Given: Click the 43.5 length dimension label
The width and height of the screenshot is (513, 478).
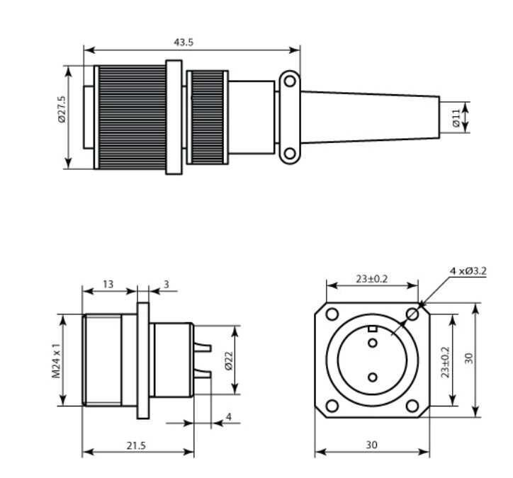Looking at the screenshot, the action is (184, 42).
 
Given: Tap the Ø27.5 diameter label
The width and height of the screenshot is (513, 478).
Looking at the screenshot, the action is (62, 109).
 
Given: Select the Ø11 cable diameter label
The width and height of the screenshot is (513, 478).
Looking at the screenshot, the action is (456, 118).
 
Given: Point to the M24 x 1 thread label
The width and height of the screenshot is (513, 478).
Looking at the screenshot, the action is (56, 360).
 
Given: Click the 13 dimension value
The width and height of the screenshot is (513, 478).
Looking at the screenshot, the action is (108, 284).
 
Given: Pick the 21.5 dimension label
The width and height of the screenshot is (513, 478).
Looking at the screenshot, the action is (136, 445).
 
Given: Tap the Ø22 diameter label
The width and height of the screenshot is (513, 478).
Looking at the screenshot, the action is (229, 360).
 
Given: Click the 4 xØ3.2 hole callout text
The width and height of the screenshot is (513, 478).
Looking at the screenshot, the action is (468, 271).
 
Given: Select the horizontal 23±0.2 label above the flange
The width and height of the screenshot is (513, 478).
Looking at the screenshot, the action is (372, 279).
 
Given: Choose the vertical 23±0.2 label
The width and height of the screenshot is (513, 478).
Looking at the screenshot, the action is (445, 362).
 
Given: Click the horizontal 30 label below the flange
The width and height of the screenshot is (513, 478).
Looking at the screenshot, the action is (371, 445).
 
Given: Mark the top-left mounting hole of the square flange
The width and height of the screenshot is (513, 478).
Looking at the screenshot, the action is (332, 314).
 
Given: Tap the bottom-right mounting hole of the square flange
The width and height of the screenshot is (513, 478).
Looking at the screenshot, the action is (412, 406).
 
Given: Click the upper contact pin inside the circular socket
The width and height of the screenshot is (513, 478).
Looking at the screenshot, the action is (373, 343).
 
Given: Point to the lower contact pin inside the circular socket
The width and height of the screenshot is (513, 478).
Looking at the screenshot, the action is (373, 377).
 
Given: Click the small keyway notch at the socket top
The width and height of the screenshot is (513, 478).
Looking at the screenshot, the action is (372, 329).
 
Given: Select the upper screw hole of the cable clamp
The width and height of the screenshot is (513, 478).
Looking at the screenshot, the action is (290, 81).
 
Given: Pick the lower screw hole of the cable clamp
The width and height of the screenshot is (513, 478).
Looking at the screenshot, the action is (290, 154).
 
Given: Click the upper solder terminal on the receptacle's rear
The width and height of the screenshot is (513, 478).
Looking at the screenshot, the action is (203, 347).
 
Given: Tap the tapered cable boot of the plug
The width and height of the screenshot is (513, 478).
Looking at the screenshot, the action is (370, 118).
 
